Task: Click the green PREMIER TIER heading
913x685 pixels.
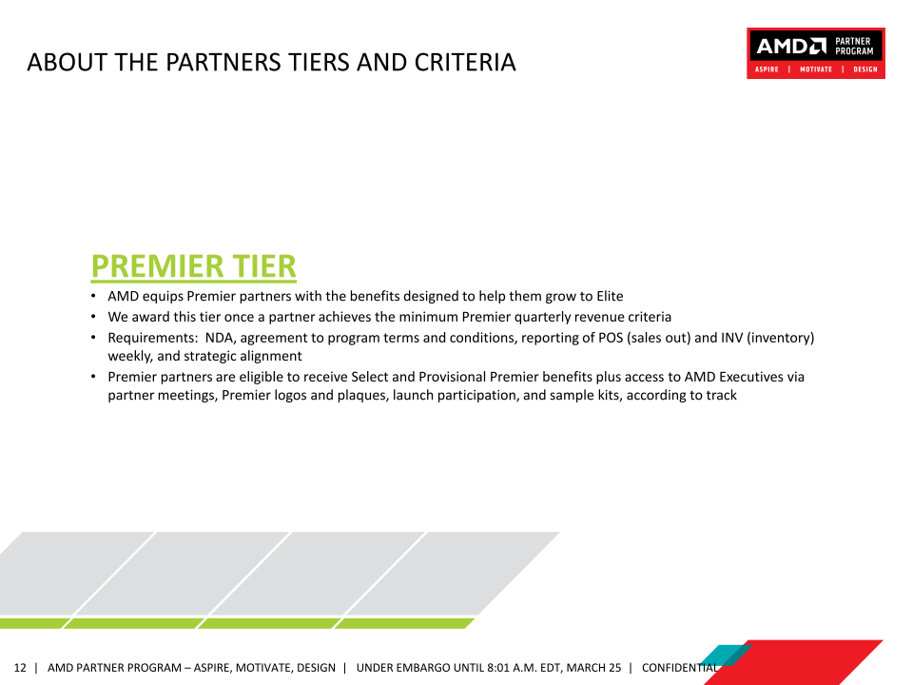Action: tap(193, 266)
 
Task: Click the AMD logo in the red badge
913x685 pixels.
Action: tap(790, 46)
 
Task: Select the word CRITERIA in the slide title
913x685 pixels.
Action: tap(465, 63)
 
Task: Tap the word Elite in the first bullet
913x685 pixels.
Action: tap(610, 296)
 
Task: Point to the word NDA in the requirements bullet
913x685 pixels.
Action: tap(220, 338)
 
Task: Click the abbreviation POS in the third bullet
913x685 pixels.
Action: tap(611, 338)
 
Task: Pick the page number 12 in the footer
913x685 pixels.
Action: tap(20, 668)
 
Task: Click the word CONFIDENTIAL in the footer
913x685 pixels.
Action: tap(679, 668)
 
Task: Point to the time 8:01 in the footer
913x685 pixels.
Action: tap(497, 668)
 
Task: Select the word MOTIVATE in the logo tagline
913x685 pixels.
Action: tap(816, 69)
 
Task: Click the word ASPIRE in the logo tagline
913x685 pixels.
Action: tap(767, 69)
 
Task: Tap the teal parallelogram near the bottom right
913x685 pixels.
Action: tap(725, 656)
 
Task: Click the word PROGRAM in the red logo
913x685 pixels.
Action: tap(854, 51)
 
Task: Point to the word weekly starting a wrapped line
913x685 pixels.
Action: tap(130, 356)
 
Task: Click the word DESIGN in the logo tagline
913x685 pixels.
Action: tap(865, 69)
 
